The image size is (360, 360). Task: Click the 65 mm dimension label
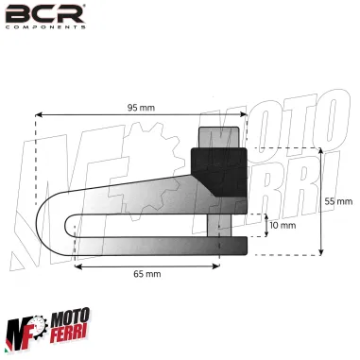(144, 274)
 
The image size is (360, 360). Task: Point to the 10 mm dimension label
(283, 226)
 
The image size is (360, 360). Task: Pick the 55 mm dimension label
(338, 200)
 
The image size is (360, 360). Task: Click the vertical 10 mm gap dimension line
(264, 226)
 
